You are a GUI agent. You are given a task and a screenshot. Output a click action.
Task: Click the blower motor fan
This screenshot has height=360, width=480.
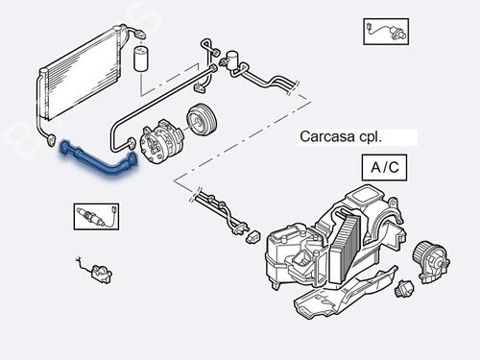point(429,256)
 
